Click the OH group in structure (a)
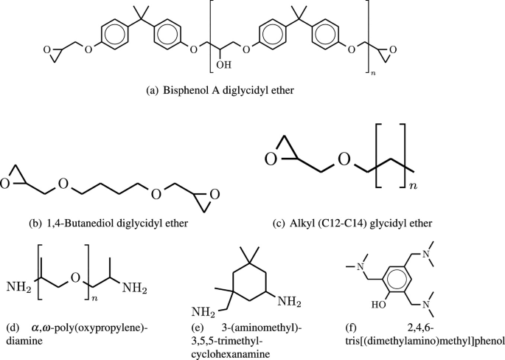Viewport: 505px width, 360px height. pyautogui.click(x=221, y=69)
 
